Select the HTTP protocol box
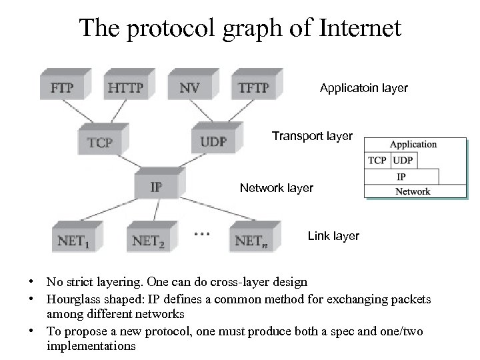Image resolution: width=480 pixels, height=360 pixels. [x=125, y=87]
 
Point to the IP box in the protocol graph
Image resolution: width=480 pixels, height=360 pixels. [x=155, y=186]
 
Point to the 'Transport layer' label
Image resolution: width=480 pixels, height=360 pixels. [x=312, y=137]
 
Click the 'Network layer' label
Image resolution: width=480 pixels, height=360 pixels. [x=276, y=189]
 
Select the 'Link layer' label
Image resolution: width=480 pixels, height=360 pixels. [x=333, y=236]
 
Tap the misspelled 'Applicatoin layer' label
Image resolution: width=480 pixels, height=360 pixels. [x=364, y=88]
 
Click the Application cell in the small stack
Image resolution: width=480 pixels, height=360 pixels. [x=413, y=145]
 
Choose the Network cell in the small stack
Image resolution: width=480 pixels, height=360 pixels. [x=413, y=191]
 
